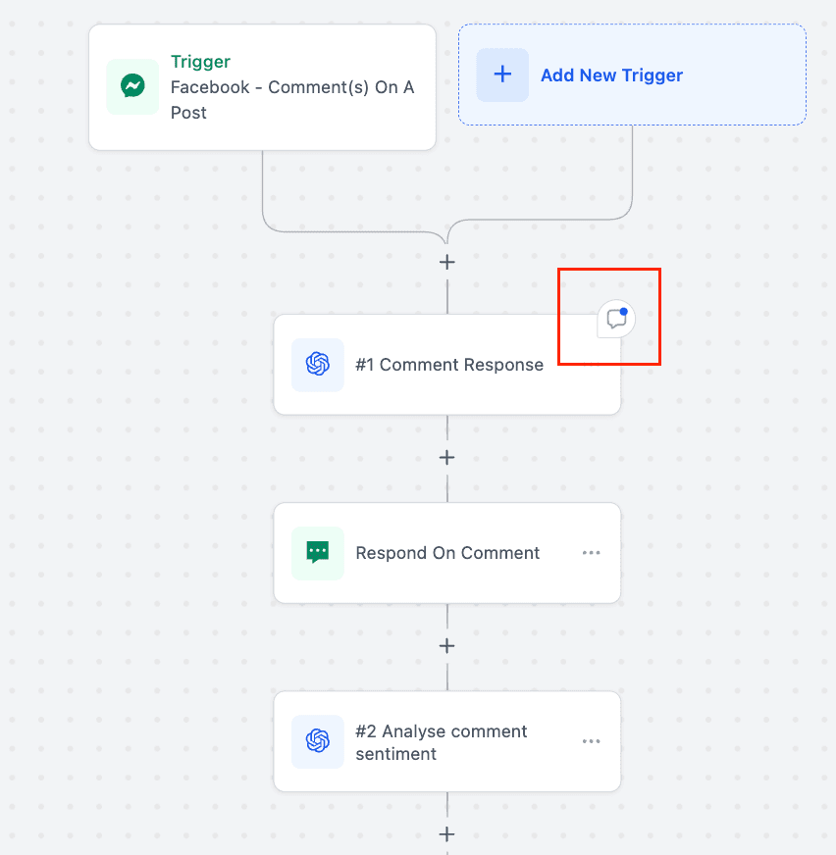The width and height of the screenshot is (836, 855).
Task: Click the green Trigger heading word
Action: coord(200,62)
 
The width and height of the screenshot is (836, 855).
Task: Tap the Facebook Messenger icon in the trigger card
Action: coord(132,86)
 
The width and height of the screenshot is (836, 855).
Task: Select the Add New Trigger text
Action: coord(611,75)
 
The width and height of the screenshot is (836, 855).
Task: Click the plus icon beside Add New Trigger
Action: coord(502,75)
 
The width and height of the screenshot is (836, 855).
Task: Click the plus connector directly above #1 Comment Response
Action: coord(446,262)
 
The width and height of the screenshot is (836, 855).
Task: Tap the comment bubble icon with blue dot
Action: coord(616,319)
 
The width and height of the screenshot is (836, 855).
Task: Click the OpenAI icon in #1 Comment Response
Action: coord(318,364)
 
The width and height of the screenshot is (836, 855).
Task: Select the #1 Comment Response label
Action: coord(449,364)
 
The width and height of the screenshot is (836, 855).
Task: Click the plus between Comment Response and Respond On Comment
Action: coord(446,458)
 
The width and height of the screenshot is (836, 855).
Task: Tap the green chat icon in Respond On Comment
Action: coord(318,552)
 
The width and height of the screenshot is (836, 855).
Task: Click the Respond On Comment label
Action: coord(447,553)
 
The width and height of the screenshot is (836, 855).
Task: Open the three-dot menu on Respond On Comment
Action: coord(591,553)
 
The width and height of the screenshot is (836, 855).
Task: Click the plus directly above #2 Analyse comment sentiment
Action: coord(446,646)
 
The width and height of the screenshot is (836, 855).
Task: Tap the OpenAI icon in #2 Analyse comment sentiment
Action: coord(318,741)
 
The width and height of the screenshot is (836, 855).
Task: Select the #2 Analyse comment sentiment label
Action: coord(441,742)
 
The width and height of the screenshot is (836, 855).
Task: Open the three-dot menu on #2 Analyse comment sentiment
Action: coord(591,741)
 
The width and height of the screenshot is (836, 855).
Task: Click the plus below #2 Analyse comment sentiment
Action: coord(446,834)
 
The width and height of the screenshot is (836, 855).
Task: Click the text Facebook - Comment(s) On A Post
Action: coord(292,100)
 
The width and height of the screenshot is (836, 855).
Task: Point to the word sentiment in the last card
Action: coord(395,754)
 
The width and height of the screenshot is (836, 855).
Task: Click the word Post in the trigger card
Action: coord(188,113)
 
